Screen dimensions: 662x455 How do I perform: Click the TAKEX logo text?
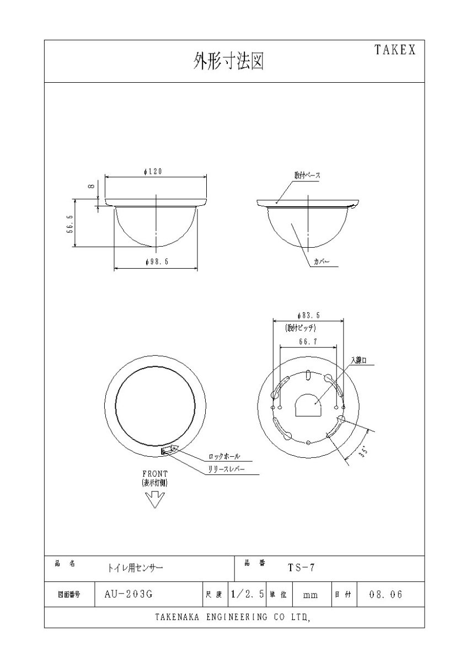click(x=395, y=50)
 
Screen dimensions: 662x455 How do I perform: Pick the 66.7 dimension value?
click(x=307, y=342)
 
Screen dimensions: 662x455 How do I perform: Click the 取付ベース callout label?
click(x=307, y=175)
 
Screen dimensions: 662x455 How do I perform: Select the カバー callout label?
click(x=322, y=263)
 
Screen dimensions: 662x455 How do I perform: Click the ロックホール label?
click(x=224, y=457)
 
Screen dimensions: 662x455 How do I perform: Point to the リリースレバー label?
click(x=226, y=469)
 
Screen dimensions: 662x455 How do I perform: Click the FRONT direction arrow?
click(x=154, y=499)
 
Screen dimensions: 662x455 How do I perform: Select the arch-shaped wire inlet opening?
click(x=309, y=405)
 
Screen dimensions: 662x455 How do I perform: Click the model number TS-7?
click(x=301, y=567)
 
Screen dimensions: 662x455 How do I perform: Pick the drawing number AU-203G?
click(x=128, y=595)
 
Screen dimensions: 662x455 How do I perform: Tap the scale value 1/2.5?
click(x=248, y=595)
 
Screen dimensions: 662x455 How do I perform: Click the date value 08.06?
click(x=386, y=595)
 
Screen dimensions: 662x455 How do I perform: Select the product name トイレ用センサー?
click(x=136, y=567)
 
